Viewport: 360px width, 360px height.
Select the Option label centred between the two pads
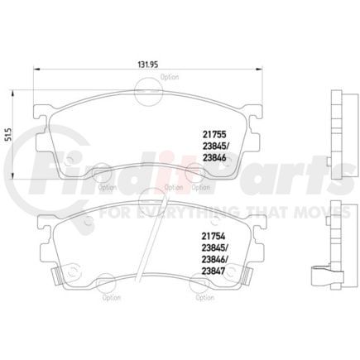[x=174, y=187]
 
